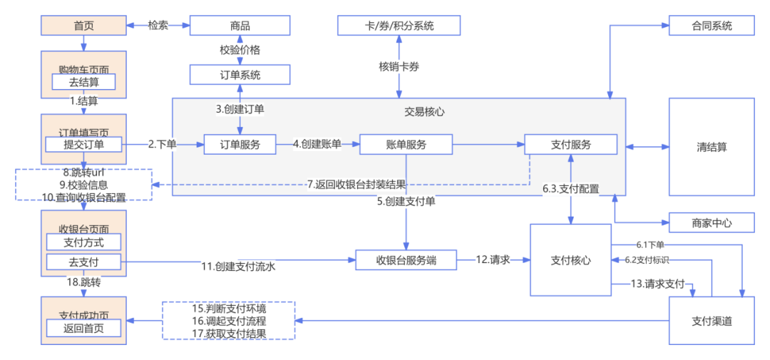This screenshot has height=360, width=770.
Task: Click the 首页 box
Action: click(x=83, y=26)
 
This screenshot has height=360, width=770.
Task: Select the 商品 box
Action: click(x=240, y=26)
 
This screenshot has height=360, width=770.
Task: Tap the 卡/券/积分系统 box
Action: click(x=399, y=26)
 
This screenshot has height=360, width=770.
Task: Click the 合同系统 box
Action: click(x=711, y=26)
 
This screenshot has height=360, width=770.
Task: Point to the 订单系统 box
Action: click(x=240, y=75)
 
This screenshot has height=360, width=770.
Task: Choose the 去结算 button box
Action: click(x=83, y=82)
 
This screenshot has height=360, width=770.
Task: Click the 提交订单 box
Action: click(x=83, y=145)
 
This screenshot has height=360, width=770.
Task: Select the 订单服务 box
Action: click(x=240, y=145)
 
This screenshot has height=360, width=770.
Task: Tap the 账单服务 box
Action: click(x=406, y=145)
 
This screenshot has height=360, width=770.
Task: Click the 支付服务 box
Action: click(x=570, y=145)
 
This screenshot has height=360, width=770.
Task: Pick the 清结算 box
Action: click(x=711, y=147)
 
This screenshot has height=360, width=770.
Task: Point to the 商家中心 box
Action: click(x=711, y=222)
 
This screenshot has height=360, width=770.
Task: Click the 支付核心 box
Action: click(x=570, y=259)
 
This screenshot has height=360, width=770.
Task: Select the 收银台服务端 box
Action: click(x=406, y=261)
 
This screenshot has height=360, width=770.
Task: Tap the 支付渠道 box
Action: click(x=711, y=321)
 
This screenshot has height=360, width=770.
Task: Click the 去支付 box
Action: click(x=83, y=262)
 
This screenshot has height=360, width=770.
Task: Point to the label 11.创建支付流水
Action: click(x=237, y=267)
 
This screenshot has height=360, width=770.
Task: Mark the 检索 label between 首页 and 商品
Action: click(x=158, y=26)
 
